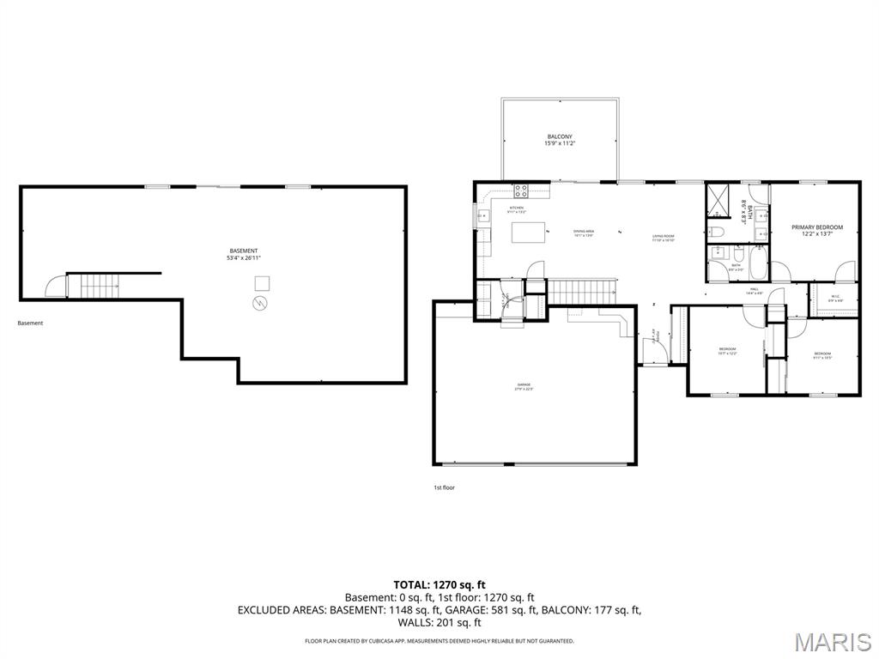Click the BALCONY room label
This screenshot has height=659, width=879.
559,136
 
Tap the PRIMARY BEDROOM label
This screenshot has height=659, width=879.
816,227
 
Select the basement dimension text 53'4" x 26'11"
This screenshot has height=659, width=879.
243,257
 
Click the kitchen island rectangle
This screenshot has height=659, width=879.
529,233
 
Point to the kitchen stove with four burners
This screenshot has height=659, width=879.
521,191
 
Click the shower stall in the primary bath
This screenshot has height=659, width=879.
717,199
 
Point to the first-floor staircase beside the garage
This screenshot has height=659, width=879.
581,292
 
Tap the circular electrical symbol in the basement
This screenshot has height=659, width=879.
259,303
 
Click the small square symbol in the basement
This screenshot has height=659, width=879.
264,282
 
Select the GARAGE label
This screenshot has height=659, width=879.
524,384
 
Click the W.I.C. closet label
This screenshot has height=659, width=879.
835,298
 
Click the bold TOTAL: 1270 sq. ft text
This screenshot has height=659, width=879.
439,584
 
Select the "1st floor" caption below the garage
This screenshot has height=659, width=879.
444,487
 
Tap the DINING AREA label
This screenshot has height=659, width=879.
585,232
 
